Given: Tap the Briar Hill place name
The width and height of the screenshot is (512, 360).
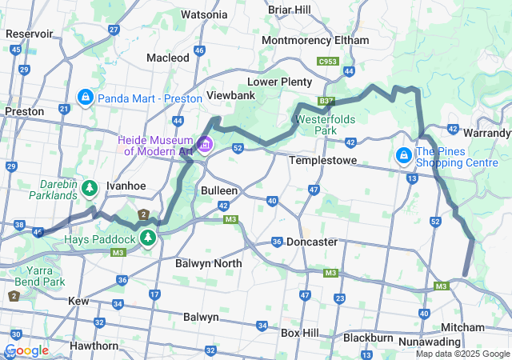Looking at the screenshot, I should pos(290,10).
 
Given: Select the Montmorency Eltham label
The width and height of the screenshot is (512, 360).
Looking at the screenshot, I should pos(315,40).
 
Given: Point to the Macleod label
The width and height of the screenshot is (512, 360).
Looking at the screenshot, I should pos(168,58).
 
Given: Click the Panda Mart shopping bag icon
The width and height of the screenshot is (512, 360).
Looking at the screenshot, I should pos(84,98).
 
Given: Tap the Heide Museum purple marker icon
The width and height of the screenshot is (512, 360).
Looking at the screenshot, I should pos(206,145).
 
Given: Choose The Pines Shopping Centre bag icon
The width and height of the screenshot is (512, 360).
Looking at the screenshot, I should pos(405,153).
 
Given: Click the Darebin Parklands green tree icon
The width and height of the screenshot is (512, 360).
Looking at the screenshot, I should pos(90,188).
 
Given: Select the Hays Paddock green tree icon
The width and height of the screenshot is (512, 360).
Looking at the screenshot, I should pos(147,238).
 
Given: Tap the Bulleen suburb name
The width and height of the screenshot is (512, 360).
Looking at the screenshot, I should pos(218,191).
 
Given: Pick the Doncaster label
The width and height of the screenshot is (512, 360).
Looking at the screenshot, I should pos(312,242).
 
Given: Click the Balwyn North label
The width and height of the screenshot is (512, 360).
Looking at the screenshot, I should pos(208,262).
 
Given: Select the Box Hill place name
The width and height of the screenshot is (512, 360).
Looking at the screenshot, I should pos(300,332).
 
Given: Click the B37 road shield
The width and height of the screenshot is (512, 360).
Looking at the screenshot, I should pos(326,102).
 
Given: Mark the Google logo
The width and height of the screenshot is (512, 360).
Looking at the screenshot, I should pos(26,350).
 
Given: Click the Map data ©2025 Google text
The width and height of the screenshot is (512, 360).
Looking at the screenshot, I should pos(462,354).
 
